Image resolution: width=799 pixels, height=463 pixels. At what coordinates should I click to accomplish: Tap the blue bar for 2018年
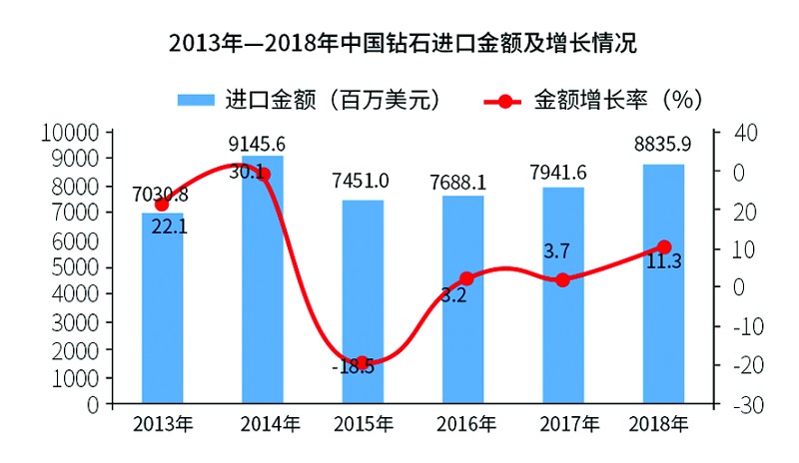pos(663,284)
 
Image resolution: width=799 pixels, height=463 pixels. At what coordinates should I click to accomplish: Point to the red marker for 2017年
pos(563,280)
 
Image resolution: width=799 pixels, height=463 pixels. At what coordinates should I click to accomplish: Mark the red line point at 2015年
pos(363,363)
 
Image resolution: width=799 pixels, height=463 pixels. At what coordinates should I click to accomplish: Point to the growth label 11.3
pos(663,263)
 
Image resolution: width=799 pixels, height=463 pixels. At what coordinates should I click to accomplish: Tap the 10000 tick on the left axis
pos(77,132)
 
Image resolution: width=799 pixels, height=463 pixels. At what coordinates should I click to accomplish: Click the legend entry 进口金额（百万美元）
pos(310,100)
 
